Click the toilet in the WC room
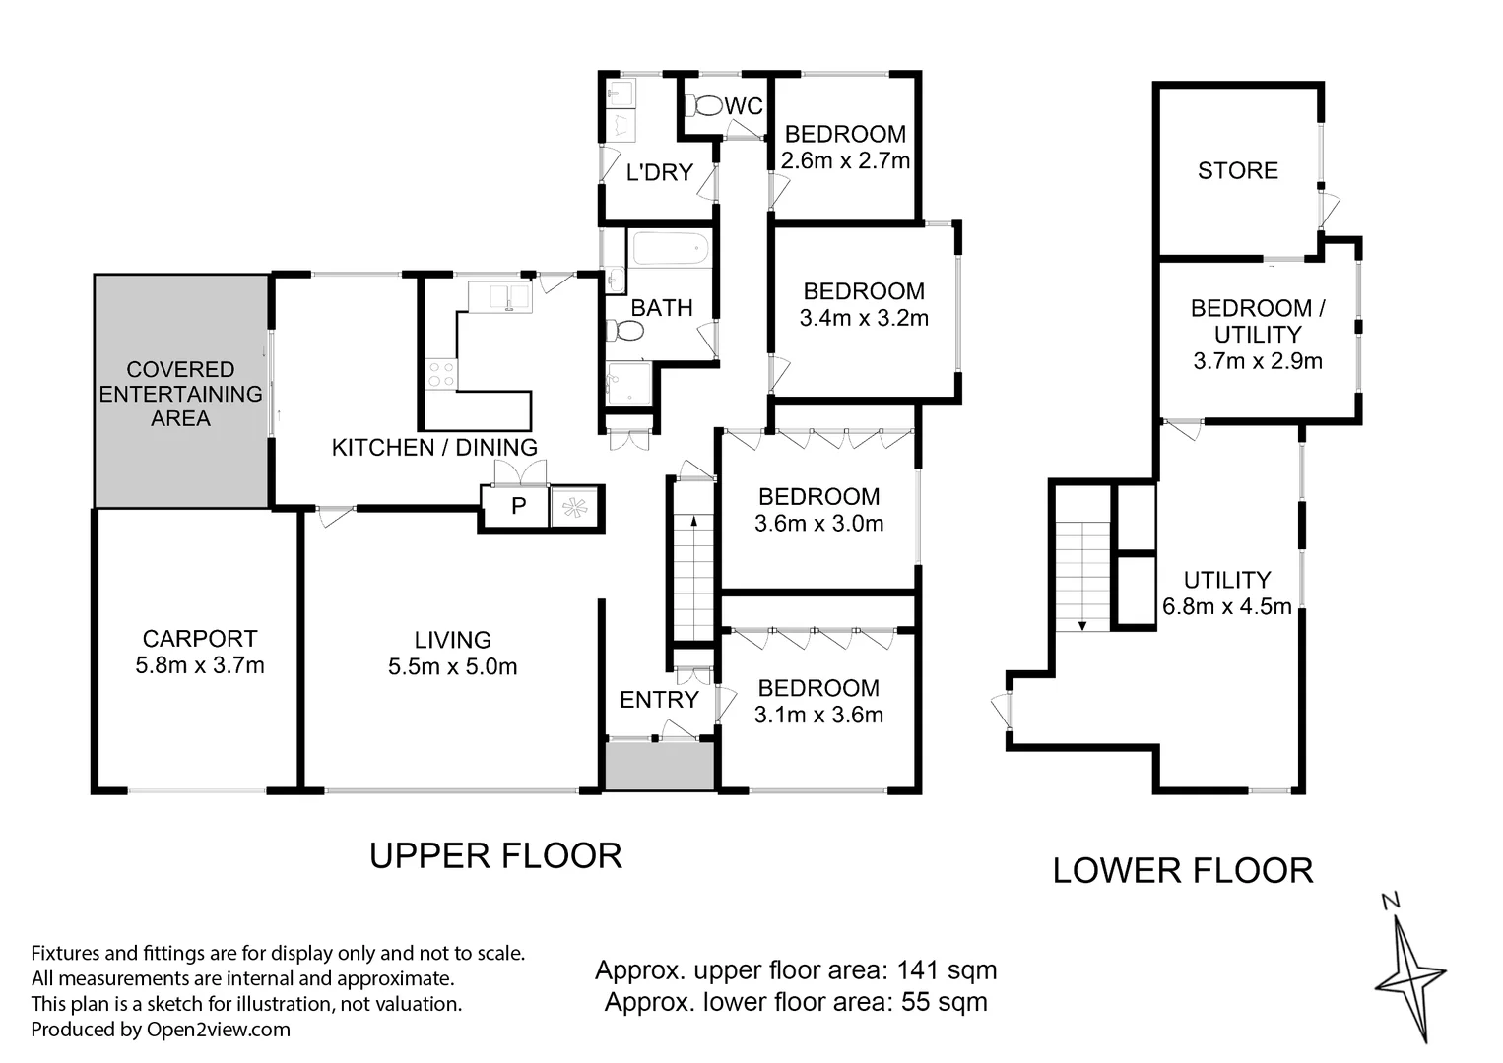click(x=702, y=105)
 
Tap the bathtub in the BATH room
click(x=670, y=249)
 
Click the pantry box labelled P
click(x=518, y=506)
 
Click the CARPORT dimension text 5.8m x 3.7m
click(x=199, y=665)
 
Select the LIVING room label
click(x=452, y=640)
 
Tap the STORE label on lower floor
click(x=1237, y=171)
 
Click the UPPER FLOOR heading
click(x=495, y=855)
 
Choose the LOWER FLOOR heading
click(x=1182, y=870)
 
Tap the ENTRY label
click(x=658, y=700)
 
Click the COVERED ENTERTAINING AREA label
click(x=180, y=394)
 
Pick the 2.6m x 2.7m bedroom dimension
click(x=844, y=161)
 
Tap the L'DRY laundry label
click(x=659, y=172)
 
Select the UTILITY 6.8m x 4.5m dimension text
click(x=1226, y=607)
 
